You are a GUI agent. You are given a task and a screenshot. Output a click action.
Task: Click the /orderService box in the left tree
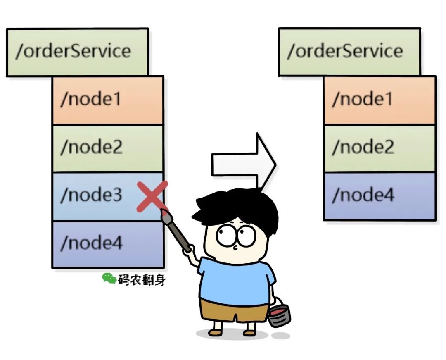(77, 52)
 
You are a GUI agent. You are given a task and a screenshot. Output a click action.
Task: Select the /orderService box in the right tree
(349, 52)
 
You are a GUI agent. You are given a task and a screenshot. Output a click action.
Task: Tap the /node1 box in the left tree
(108, 100)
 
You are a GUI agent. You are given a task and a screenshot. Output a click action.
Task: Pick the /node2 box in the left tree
(108, 148)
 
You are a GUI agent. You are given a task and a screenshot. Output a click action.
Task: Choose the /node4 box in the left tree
(108, 244)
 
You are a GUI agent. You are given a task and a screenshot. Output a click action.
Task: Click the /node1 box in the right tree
(380, 100)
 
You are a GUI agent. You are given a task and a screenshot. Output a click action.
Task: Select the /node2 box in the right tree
(380, 148)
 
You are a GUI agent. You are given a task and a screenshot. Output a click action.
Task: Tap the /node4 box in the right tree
(380, 196)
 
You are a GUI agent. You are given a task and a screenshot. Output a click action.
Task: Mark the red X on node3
(152, 196)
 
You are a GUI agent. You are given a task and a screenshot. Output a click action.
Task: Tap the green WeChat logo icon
(109, 279)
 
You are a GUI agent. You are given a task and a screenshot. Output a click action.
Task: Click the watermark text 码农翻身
(141, 280)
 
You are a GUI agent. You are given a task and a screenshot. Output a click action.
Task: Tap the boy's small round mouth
(235, 248)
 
